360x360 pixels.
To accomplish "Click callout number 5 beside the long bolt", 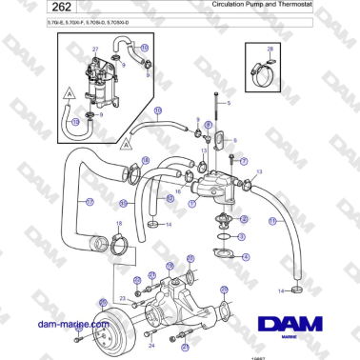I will click(229, 102).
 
